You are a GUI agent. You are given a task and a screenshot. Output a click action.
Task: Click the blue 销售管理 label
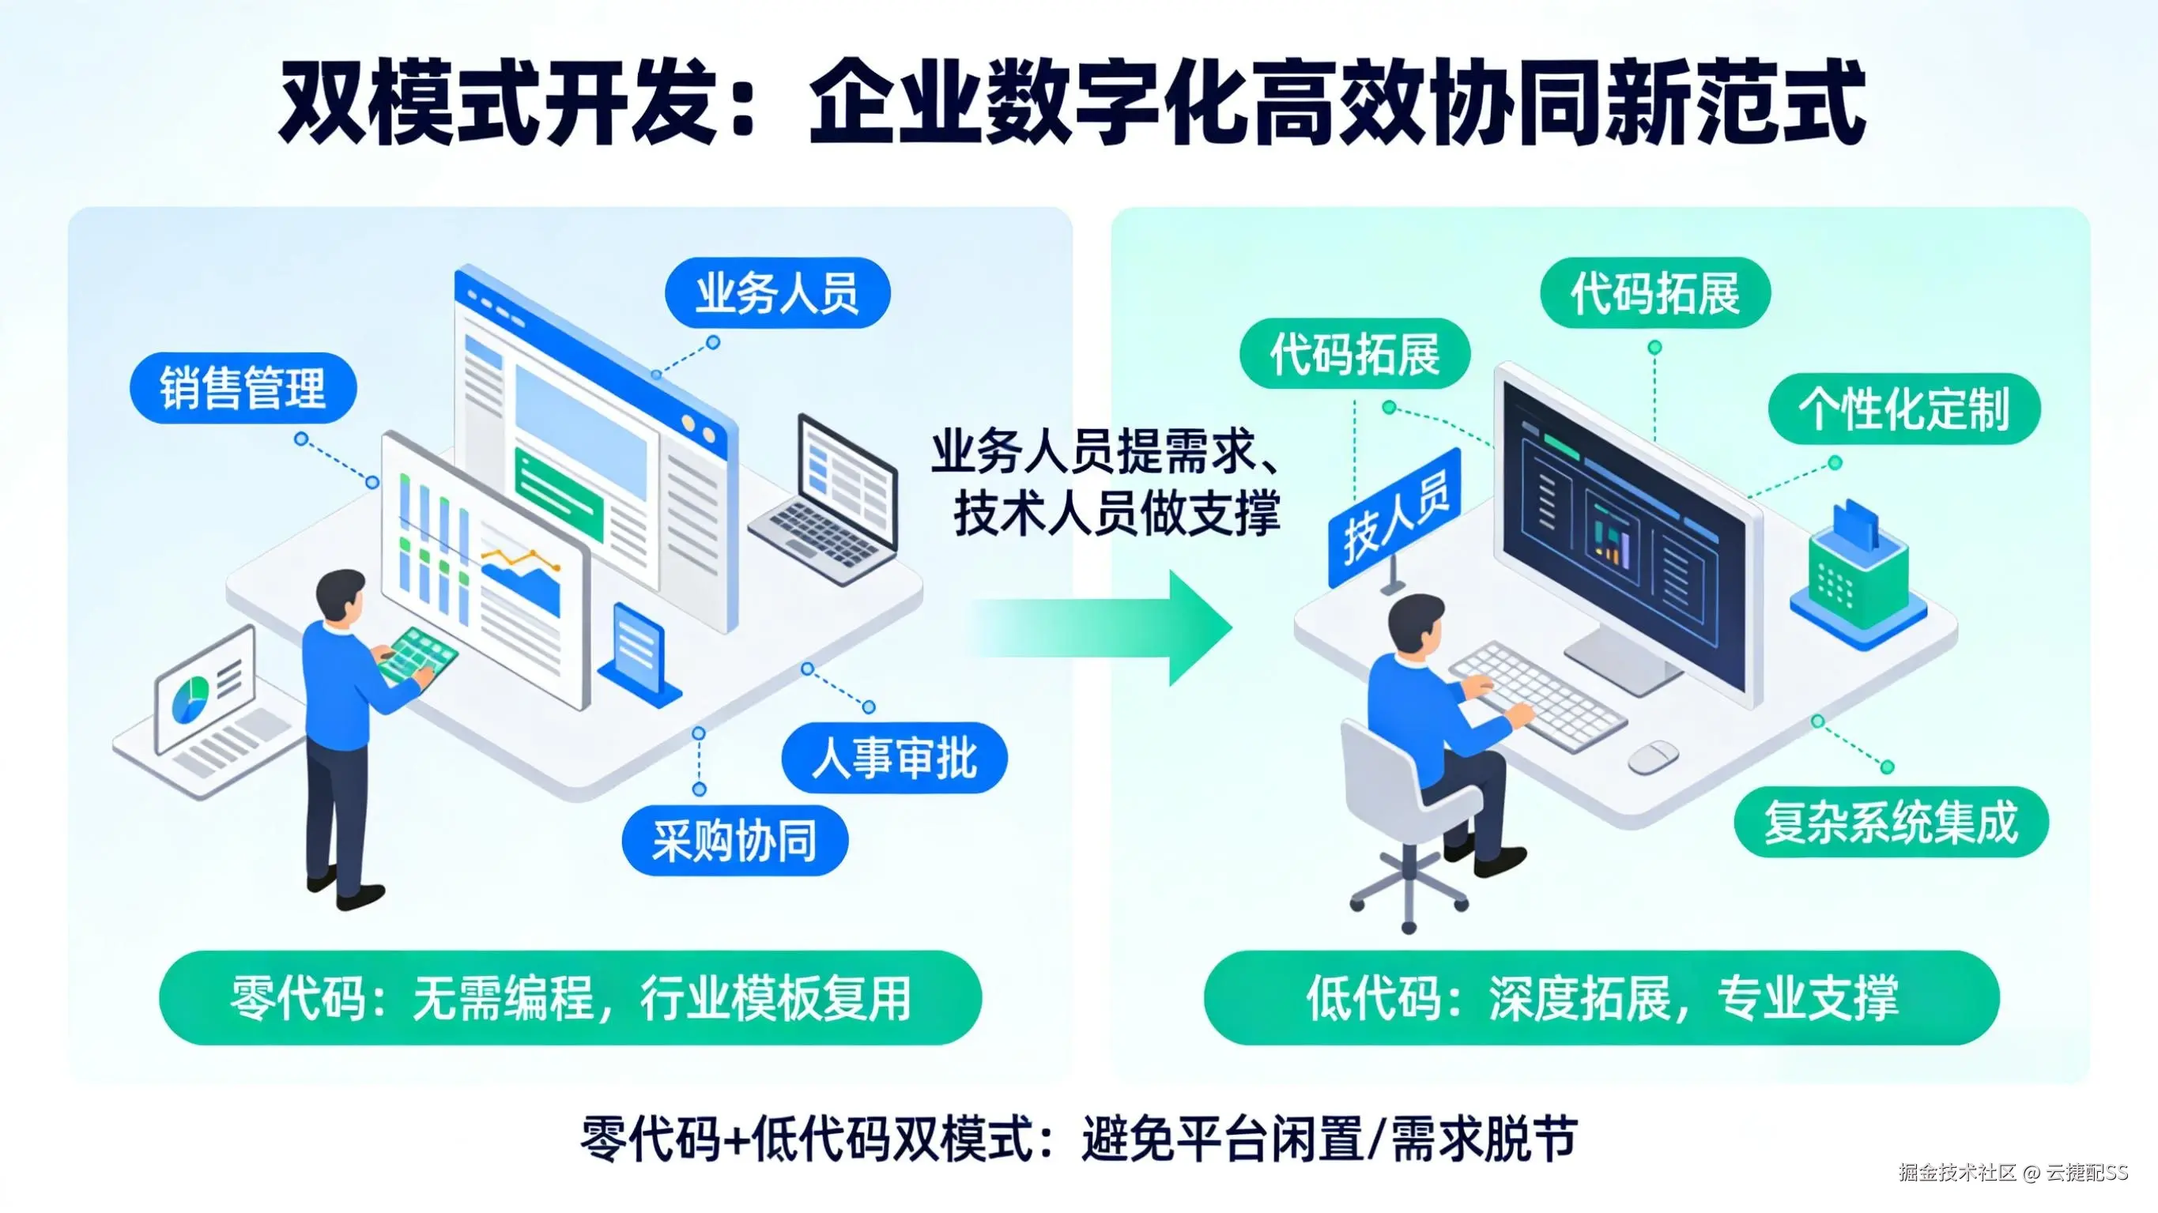click(243, 389)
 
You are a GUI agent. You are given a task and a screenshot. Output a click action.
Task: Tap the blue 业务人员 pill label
click(777, 293)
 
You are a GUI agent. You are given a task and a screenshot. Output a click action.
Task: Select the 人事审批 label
click(894, 759)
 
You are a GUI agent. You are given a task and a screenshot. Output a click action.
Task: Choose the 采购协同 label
click(734, 841)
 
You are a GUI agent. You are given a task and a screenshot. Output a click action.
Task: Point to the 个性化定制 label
click(1903, 409)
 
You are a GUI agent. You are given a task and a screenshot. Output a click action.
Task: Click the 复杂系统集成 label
click(1891, 823)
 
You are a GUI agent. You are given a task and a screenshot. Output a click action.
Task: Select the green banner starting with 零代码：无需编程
click(570, 998)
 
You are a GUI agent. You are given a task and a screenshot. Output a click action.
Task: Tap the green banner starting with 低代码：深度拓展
click(1601, 998)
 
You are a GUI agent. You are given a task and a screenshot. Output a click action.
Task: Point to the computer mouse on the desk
click(1652, 756)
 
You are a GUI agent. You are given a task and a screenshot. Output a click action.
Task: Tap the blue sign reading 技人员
click(1395, 515)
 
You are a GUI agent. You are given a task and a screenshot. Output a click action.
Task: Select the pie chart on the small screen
click(191, 700)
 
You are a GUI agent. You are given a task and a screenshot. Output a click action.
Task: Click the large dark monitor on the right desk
click(1625, 536)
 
